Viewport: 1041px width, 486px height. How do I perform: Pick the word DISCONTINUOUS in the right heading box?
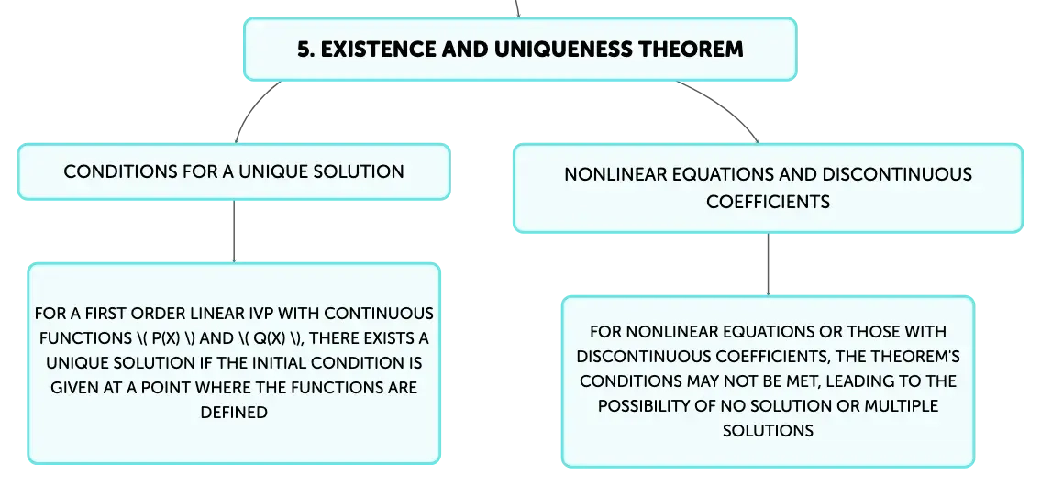897,174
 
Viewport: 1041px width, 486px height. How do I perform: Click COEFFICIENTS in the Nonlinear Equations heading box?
768,202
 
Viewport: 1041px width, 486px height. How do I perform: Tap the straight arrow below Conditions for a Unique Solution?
234,231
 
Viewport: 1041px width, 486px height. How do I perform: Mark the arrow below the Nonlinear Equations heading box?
768,264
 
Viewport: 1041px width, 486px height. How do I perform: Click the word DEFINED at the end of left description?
234,413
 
